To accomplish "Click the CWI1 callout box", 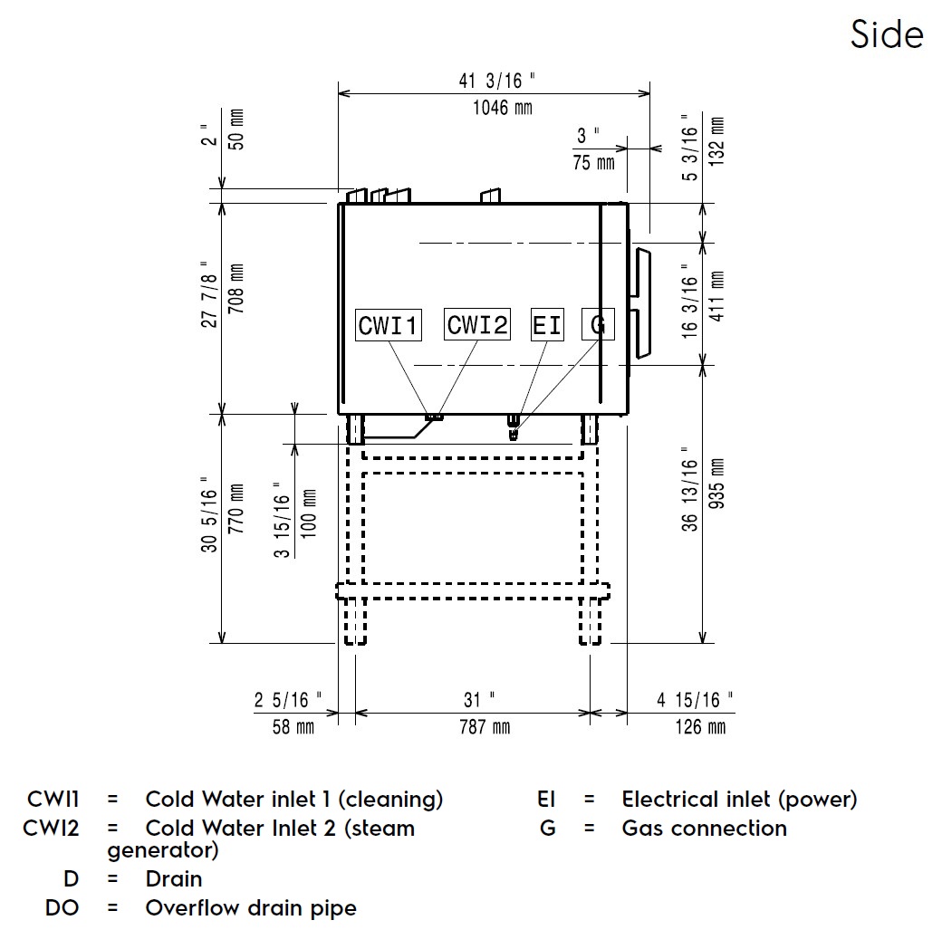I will pos(389,325).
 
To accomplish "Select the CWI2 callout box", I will pos(477,324).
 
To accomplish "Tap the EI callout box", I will pos(547,325).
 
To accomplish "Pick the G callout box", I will pos(598,325).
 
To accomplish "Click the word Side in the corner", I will pos(887,35).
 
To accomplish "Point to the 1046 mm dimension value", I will pos(503,109).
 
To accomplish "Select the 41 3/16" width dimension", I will pos(498,81).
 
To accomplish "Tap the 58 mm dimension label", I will pos(293,727).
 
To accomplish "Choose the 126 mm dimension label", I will pos(700,727).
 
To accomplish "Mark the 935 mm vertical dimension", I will pos(717,496).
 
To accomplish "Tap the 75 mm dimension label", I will pos(593,163).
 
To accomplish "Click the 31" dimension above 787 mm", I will pos(479,700).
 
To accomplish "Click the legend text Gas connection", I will pos(704,828).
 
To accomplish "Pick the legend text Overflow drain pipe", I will pos(251,907).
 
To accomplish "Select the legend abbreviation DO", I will pos(62,907).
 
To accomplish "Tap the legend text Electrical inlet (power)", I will pos(739,800).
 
